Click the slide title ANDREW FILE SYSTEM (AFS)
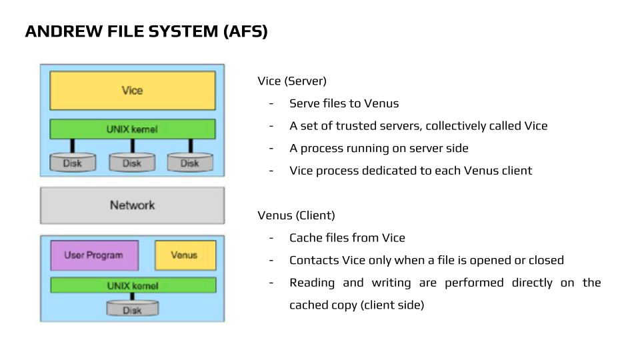(146, 31)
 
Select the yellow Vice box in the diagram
(132, 91)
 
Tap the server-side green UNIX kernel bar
(132, 129)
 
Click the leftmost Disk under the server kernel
(73, 163)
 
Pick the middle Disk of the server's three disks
(132, 163)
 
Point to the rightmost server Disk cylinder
(190, 163)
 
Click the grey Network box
(132, 205)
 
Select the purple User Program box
(94, 255)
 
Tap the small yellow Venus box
(185, 255)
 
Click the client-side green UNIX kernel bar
(132, 285)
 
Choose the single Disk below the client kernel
(132, 309)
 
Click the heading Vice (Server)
(292, 81)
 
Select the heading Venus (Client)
(296, 216)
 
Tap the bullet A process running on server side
(379, 148)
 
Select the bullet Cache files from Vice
(347, 238)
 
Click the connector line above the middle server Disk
(132, 145)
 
